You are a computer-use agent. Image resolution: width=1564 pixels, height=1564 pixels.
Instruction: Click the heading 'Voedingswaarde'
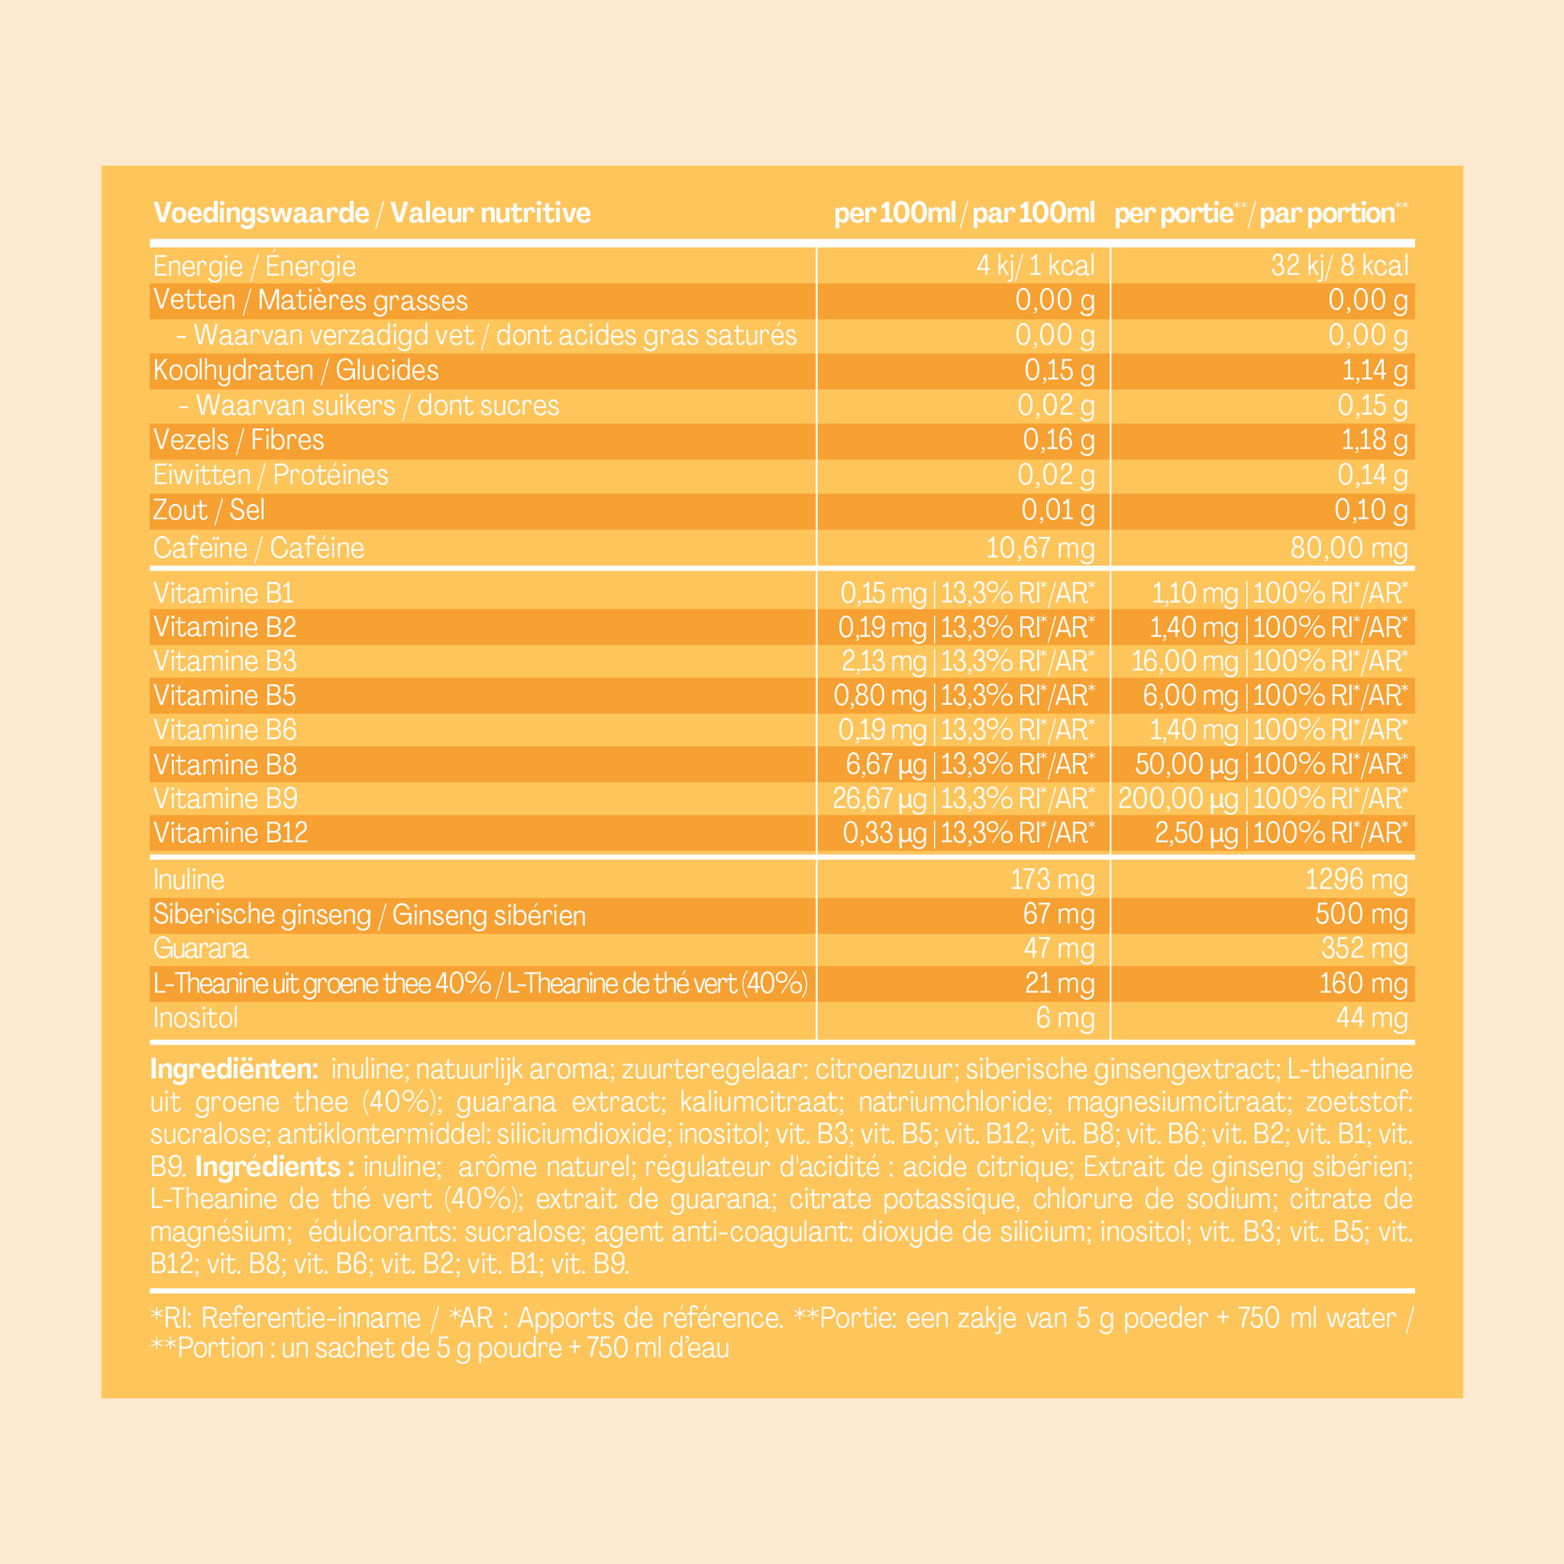(x=260, y=213)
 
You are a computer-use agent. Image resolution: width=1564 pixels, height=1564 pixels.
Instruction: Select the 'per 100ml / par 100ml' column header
(x=964, y=214)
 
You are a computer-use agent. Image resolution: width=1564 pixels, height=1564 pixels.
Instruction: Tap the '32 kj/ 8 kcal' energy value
(x=1339, y=265)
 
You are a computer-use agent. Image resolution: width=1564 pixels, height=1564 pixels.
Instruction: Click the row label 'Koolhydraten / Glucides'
(x=296, y=371)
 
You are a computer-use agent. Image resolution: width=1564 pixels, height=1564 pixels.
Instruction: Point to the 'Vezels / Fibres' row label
(x=238, y=440)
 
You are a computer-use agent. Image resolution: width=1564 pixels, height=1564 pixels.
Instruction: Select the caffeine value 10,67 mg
(x=1039, y=549)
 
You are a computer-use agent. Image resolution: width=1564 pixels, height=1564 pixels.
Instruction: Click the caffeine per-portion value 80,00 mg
(x=1349, y=549)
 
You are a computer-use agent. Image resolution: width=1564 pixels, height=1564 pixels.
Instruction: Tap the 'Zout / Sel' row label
(x=208, y=511)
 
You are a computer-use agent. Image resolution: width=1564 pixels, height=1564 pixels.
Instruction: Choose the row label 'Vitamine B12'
(x=230, y=833)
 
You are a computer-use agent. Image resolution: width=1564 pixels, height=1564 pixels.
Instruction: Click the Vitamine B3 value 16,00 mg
(x=1185, y=661)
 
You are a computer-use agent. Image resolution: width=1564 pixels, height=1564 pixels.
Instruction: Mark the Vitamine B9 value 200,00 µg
(x=1178, y=799)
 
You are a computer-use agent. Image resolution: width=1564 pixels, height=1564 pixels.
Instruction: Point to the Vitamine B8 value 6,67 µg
(x=886, y=764)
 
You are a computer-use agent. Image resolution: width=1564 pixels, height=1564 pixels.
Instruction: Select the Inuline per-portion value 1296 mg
(x=1356, y=880)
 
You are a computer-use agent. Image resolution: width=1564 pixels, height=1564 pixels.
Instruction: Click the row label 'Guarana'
(x=200, y=948)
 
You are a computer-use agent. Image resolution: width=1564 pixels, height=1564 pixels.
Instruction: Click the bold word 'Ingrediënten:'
(x=234, y=1070)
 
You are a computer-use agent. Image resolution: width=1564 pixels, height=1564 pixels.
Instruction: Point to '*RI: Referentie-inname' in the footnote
(x=286, y=1318)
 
